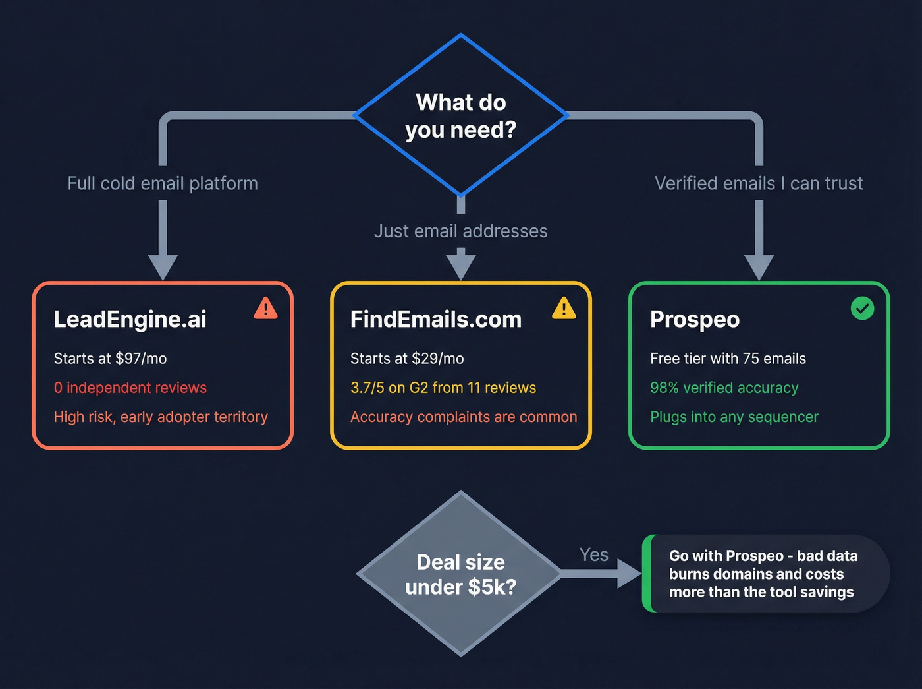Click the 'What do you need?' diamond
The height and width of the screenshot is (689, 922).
click(461, 115)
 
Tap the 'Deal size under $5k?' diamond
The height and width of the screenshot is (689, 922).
click(461, 574)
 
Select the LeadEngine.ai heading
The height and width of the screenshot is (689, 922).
click(130, 319)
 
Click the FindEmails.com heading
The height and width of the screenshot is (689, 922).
click(435, 319)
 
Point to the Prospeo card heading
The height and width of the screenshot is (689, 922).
click(694, 319)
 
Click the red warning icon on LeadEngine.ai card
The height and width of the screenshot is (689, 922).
click(265, 308)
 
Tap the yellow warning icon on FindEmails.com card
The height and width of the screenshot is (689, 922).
click(564, 308)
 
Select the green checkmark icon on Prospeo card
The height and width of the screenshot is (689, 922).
click(862, 308)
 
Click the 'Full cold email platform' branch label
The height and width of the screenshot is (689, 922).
click(163, 183)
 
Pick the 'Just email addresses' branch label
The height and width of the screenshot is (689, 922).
click(461, 231)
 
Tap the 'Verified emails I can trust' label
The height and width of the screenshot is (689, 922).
click(759, 183)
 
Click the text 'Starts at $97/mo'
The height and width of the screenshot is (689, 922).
click(110, 359)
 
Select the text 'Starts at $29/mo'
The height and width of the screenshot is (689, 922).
click(407, 359)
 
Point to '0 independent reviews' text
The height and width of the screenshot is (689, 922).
click(130, 388)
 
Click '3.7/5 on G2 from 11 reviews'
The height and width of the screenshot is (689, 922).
click(443, 388)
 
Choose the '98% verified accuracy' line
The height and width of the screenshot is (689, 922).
click(724, 388)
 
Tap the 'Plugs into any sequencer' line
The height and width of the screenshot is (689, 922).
click(734, 417)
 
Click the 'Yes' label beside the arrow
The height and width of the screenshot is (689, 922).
click(593, 554)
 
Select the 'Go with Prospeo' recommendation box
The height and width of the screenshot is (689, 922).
click(764, 574)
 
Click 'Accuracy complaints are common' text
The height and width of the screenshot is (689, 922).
click(464, 417)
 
